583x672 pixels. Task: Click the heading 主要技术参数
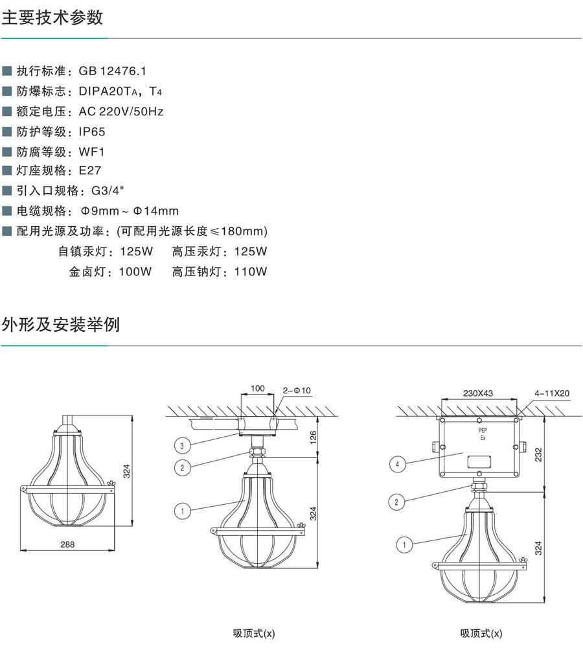pyautogui.click(x=52, y=17)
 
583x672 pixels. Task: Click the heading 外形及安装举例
pyautogui.click(x=61, y=324)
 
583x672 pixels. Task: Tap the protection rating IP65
pyautogui.click(x=92, y=132)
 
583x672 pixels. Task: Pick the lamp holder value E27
pyautogui.click(x=90, y=171)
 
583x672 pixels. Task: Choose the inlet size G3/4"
pyautogui.click(x=108, y=191)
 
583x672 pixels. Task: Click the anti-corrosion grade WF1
pyautogui.click(x=91, y=152)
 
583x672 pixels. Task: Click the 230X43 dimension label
pyautogui.click(x=478, y=393)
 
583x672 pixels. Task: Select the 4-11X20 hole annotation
pyautogui.click(x=551, y=393)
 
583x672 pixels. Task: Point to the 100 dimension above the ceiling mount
pyautogui.click(x=257, y=388)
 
